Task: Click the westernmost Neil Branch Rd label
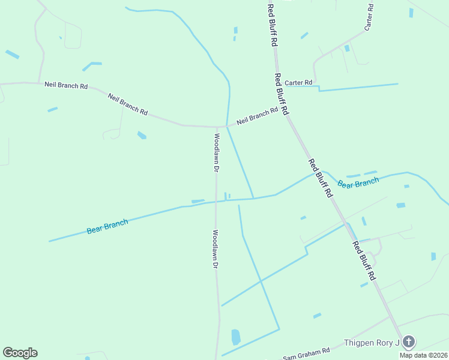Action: point(66,85)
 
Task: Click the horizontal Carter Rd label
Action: point(298,83)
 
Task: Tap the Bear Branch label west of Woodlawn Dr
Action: point(107,226)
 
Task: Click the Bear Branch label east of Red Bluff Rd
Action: point(358,182)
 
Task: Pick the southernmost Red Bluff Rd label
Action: point(364,261)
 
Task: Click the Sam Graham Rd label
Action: point(306,355)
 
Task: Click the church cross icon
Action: point(408,342)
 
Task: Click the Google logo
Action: point(20,353)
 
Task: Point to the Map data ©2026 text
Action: point(423,355)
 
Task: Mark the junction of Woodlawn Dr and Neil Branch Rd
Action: point(216,127)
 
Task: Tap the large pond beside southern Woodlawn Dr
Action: point(236,337)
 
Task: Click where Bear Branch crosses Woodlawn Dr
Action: point(216,202)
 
